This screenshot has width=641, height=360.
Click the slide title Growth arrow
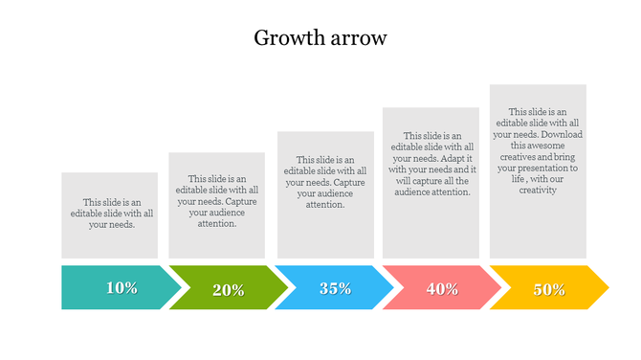pos(320,38)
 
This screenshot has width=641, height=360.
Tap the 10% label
pos(122,287)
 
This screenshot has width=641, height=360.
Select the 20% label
pos(228,290)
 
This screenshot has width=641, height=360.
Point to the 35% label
pos(335,287)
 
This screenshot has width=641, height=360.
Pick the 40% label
pos(442,289)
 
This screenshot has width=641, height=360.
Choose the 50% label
pos(549,289)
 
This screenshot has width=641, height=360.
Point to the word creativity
pos(538,190)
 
